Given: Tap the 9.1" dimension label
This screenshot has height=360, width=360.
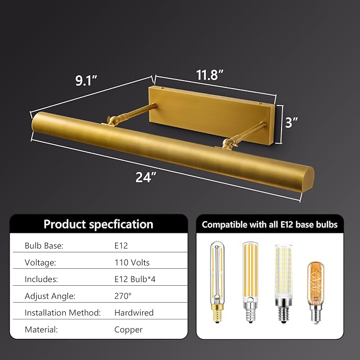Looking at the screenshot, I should (x=86, y=81).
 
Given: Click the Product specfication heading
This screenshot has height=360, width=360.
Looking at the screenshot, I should (x=98, y=224).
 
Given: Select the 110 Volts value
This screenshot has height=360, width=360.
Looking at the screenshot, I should (x=132, y=262).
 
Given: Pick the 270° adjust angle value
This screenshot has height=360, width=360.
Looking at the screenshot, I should (x=123, y=296).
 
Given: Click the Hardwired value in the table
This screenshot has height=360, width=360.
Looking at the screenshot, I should (x=134, y=313).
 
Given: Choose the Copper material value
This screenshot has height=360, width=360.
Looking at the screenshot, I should (x=128, y=330).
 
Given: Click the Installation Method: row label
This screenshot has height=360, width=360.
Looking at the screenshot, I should (x=63, y=313).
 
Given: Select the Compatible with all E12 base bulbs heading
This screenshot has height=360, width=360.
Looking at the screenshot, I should (x=269, y=225).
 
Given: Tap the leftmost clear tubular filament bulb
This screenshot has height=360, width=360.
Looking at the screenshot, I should (x=217, y=283).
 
